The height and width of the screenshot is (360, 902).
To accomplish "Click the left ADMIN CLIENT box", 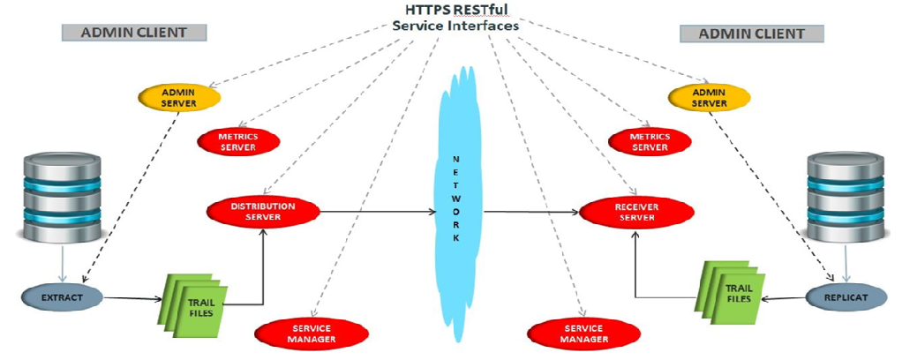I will point(134,33).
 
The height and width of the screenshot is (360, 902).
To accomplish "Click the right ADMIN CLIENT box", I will point(752,34).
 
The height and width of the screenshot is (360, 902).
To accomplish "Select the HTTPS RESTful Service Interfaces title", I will point(455,18).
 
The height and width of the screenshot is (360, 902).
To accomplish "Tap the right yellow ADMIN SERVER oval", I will point(709,97).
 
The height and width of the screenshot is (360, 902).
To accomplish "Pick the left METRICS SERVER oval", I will point(237,141).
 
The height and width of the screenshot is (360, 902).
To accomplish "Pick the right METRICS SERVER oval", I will point(650,141).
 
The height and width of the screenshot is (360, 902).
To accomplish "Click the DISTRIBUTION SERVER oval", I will point(262,212).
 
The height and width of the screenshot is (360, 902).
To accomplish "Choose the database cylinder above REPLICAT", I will point(846,196).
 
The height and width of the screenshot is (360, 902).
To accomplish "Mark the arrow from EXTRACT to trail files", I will point(132,299).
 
